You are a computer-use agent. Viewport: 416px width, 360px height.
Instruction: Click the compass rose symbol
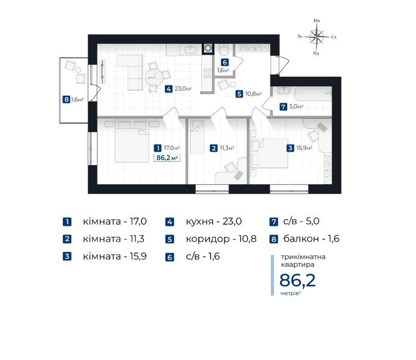317,37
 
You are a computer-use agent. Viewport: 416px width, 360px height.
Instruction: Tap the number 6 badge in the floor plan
224,62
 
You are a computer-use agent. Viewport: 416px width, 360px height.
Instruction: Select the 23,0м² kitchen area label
183,89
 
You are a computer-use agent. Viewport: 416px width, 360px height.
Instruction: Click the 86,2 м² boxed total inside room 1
167,158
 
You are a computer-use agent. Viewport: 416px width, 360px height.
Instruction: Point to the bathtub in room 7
314,94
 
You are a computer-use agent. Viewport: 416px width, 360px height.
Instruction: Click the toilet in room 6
224,49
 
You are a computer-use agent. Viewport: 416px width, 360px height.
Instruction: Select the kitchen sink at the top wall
189,49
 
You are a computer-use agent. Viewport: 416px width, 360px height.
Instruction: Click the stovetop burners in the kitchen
207,74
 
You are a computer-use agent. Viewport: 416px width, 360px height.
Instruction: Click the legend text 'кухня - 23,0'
214,221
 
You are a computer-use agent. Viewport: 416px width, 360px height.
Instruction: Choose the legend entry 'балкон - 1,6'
311,239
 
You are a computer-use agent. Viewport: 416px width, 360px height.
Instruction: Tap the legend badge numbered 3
67,257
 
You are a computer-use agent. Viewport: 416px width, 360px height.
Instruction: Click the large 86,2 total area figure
298,280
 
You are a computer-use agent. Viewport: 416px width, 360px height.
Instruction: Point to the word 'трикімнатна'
303,257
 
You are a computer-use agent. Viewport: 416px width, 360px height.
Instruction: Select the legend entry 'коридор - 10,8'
221,239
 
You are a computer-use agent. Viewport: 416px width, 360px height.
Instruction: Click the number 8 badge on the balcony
66,100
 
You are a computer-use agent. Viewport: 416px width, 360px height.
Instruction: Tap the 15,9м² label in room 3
304,148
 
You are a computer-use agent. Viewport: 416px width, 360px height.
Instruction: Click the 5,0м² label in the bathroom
296,106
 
